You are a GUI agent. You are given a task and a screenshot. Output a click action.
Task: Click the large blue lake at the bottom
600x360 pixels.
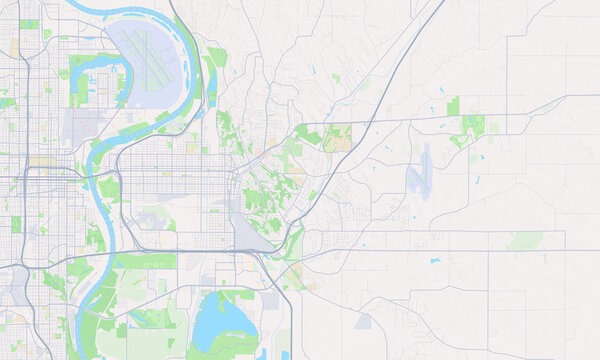[222, 322]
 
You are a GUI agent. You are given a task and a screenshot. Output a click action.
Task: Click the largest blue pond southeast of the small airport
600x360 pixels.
[435, 262]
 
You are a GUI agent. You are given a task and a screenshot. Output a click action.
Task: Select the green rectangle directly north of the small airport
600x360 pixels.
[453, 105]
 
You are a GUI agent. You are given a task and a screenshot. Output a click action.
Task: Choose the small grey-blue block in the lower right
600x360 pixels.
[361, 323]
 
